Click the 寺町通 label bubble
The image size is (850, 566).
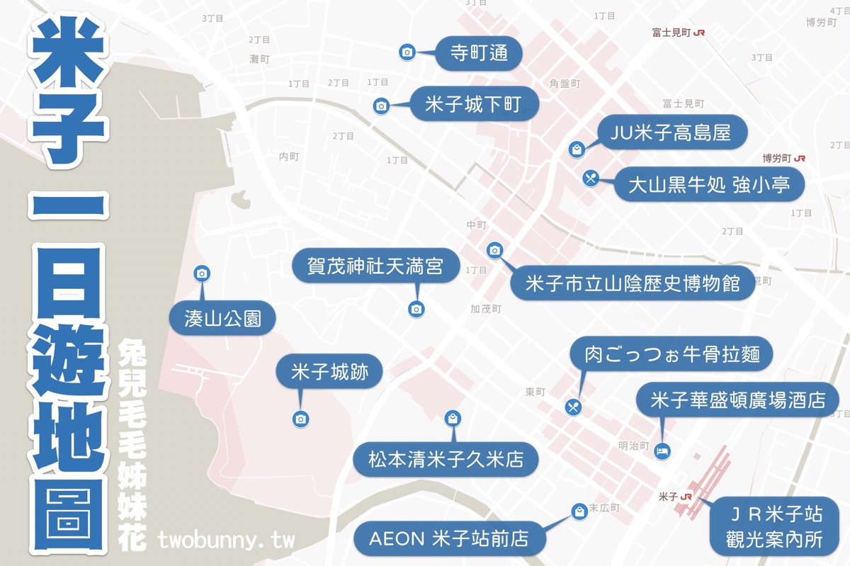(480, 53)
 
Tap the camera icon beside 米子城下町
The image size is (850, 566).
(381, 106)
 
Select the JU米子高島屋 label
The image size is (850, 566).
(664, 132)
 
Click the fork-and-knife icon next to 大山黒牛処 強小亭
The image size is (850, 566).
(591, 178)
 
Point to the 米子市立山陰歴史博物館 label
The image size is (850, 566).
(633, 283)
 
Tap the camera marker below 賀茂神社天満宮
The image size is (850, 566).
(416, 309)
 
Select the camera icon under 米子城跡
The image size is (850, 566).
(300, 419)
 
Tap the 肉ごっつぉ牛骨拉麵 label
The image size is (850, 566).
(672, 353)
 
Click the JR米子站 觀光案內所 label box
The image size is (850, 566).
(774, 526)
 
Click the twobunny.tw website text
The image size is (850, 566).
(225, 540)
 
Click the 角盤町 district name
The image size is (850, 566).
(565, 84)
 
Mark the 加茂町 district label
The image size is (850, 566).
(485, 309)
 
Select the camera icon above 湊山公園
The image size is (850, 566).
(202, 273)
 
